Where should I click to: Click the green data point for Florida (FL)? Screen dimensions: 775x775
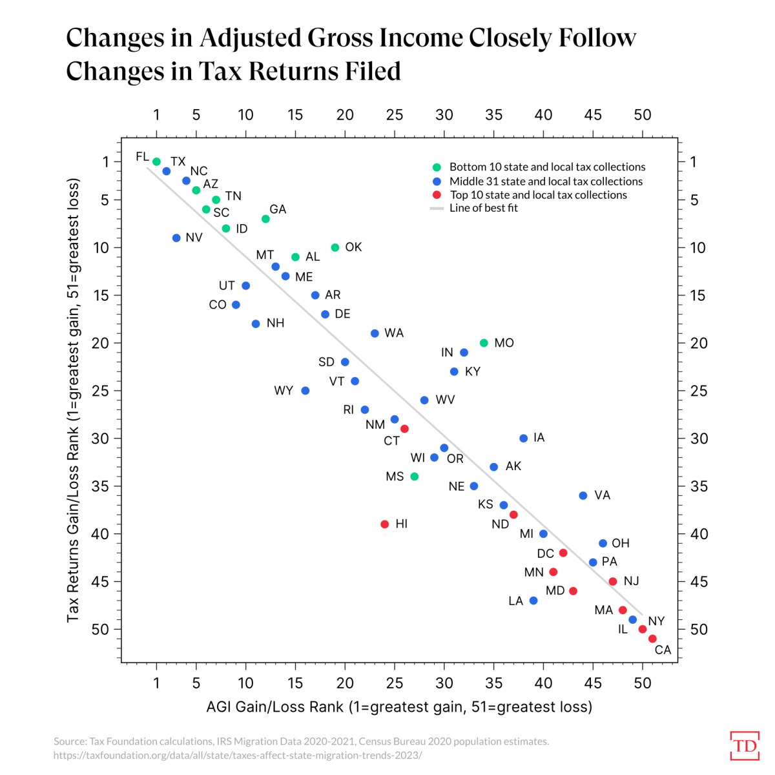click(156, 162)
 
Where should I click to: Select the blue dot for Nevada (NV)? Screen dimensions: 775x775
click(176, 238)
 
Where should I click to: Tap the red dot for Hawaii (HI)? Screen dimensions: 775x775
click(385, 524)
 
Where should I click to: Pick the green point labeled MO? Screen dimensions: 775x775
click(484, 343)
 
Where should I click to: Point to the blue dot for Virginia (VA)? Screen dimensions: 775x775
click(583, 496)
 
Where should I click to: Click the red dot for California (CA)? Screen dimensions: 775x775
click(652, 639)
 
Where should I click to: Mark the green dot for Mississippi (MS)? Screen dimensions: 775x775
click(415, 477)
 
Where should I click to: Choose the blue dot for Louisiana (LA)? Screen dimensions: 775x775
click(533, 601)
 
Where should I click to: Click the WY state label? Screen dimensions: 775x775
click(284, 391)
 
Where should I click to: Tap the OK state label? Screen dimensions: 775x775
click(353, 247)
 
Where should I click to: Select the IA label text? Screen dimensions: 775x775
click(539, 438)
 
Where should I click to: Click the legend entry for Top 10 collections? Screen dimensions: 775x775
click(538, 195)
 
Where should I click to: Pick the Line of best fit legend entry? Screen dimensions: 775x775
click(483, 208)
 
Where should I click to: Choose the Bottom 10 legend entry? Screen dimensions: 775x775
click(547, 167)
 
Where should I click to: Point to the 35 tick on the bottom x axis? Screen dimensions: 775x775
click(494, 683)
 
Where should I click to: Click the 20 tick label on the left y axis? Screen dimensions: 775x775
click(100, 343)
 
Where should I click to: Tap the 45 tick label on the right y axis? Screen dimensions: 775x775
click(698, 582)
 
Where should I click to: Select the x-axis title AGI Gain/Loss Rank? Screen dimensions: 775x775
click(398, 707)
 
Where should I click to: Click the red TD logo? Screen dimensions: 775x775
click(745, 746)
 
